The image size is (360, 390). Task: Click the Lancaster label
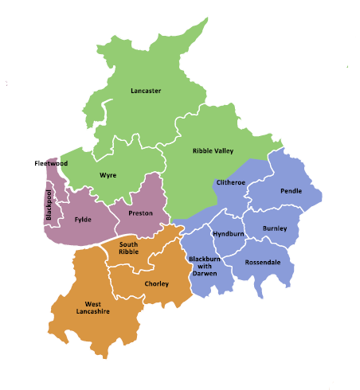146,91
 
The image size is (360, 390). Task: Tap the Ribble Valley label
213,150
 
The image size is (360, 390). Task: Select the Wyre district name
108,174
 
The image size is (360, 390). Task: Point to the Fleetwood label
51,163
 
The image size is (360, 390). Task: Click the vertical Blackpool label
48,206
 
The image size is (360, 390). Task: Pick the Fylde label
83,219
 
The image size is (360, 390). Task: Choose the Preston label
140,213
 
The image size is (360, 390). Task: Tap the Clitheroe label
231,182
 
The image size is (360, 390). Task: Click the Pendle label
292,191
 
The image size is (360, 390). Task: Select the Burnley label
275,228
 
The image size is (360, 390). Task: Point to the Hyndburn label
229,233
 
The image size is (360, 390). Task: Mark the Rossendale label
263,262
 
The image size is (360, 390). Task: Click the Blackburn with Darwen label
205,266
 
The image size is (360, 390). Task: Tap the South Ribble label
128,248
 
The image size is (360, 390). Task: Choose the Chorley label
156,283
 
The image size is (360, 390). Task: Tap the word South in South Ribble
128,244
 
